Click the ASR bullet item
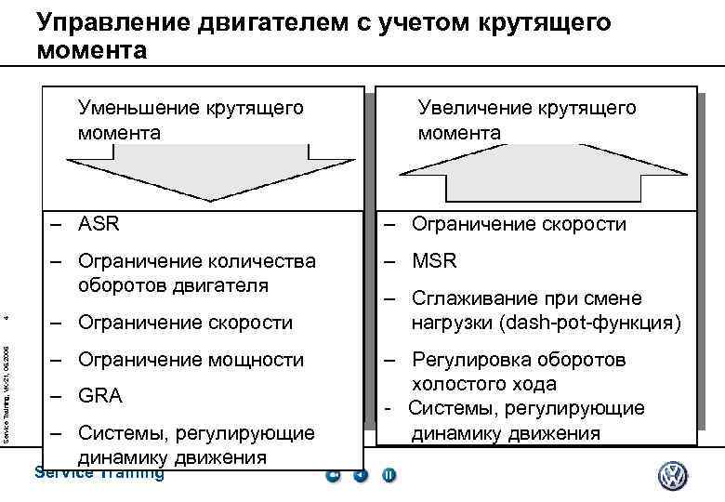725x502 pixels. tap(99, 224)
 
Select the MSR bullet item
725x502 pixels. tap(434, 261)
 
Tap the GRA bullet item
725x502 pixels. tap(100, 395)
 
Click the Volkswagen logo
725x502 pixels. tap(672, 478)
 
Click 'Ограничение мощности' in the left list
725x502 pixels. tap(191, 359)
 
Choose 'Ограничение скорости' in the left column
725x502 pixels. tap(185, 323)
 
